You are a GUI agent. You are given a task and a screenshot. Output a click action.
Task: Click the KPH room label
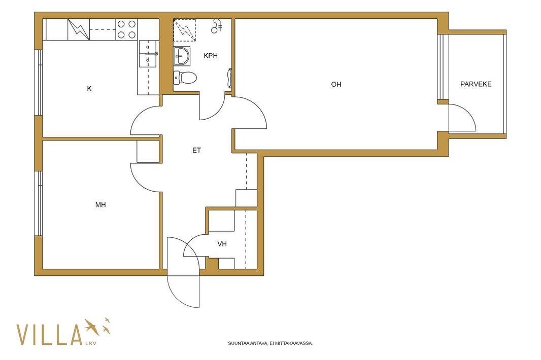pyautogui.click(x=211, y=56)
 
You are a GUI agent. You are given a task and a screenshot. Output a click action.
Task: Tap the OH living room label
pyautogui.click(x=336, y=85)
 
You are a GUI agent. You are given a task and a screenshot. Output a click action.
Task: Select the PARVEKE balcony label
pyautogui.click(x=476, y=84)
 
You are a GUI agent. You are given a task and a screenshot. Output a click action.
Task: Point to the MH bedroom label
pyautogui.click(x=100, y=205)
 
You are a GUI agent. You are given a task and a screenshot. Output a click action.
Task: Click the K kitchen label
pyautogui.click(x=89, y=89)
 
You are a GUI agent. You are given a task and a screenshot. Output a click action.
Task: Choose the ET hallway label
pyautogui.click(x=197, y=151)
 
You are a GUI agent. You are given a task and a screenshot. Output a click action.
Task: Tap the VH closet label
pyautogui.click(x=222, y=244)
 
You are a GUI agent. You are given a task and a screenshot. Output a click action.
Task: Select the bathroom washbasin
pyautogui.click(x=182, y=56)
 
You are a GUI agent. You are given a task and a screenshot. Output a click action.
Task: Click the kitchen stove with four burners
pyautogui.click(x=127, y=29)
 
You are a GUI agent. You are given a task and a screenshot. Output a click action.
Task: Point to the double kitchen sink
pyautogui.click(x=148, y=54)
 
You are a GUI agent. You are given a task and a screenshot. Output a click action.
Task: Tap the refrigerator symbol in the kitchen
pyautogui.click(x=79, y=29)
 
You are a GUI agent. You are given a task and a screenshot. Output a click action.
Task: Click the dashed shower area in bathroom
pyautogui.click(x=184, y=30)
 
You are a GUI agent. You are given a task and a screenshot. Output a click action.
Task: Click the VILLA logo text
pyautogui.click(x=49, y=335)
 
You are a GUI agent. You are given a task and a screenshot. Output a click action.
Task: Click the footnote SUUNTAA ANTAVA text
pyautogui.click(x=270, y=343)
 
